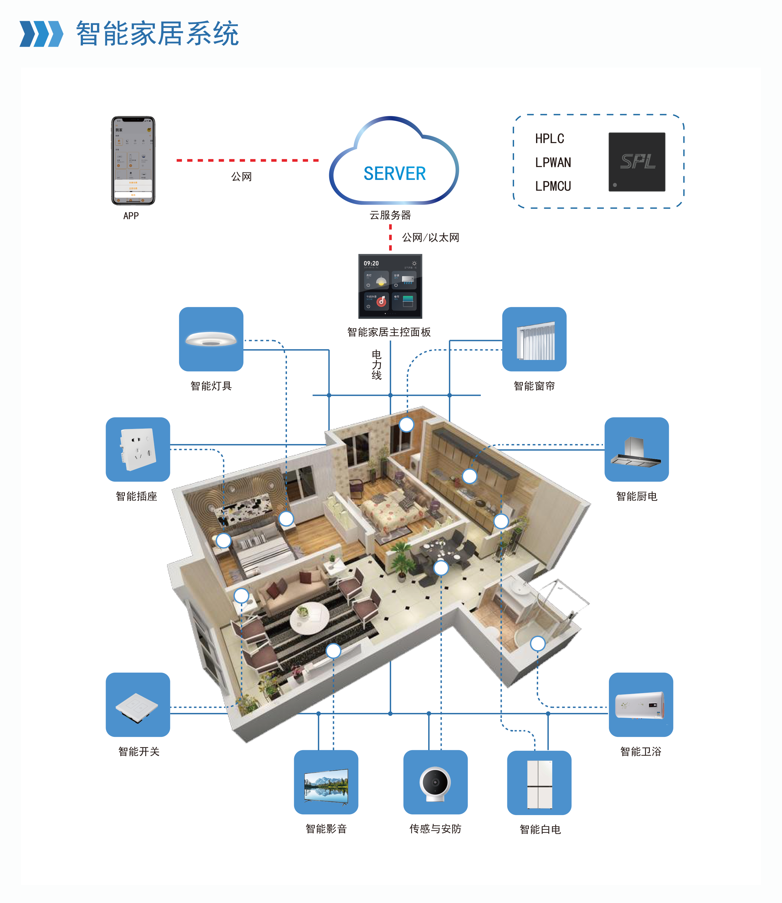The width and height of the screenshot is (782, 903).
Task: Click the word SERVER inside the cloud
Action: [x=394, y=174]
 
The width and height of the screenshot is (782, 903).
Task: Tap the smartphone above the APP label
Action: [x=133, y=160]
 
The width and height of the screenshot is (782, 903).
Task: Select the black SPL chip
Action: [x=637, y=162]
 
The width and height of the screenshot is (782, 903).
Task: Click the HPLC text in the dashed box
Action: [x=549, y=139]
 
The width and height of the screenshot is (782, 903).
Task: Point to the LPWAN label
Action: [x=553, y=163]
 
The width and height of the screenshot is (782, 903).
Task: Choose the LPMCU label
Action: [x=553, y=186]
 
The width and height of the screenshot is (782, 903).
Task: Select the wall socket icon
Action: [x=138, y=449]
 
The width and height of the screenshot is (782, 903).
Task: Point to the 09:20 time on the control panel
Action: [x=371, y=263]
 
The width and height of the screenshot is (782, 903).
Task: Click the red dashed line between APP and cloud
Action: [x=248, y=160]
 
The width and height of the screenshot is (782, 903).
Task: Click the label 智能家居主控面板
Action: [x=389, y=333]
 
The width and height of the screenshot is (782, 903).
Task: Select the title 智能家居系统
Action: [x=157, y=34]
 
